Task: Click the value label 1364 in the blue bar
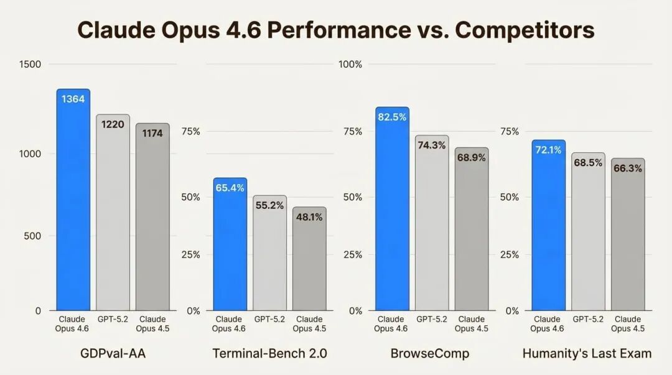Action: coord(73,99)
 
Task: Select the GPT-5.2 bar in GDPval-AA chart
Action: coord(113,218)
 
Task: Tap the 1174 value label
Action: coord(152,132)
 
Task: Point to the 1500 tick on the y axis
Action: coord(30,64)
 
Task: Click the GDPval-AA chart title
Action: coord(113,354)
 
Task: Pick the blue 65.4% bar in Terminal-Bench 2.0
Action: coord(230,249)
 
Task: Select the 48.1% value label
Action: coord(309,217)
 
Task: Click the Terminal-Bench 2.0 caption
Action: coord(269,354)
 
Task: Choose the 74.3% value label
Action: coord(431,145)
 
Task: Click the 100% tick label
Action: coord(350,64)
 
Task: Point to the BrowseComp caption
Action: coord(430,354)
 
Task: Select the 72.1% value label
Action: coord(548,150)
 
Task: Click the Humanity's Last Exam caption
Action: coord(587,354)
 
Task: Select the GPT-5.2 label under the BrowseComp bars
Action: coord(431,319)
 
